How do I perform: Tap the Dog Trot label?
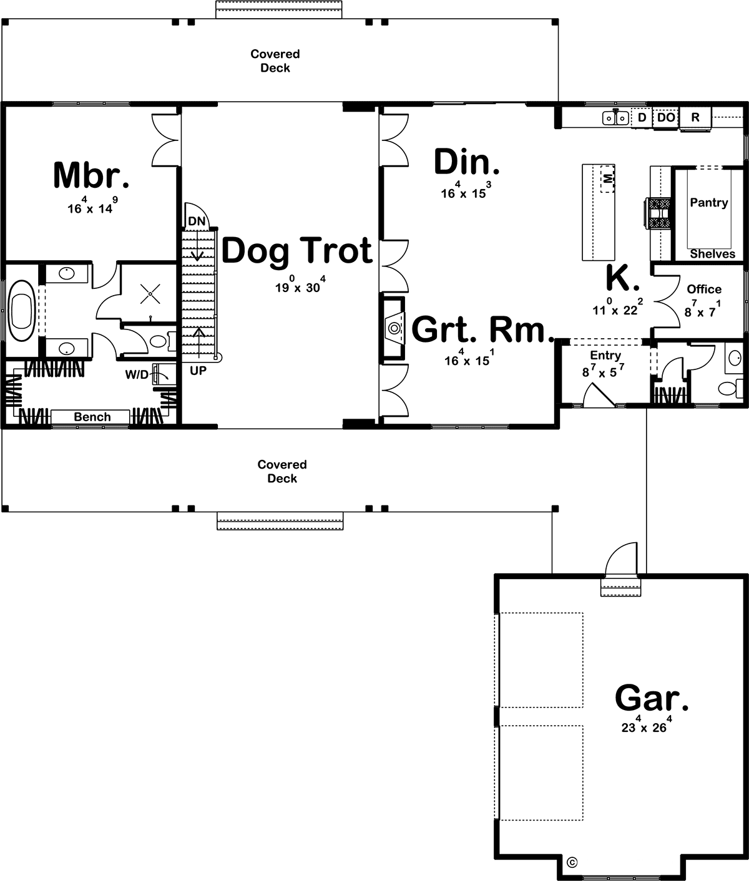[x=297, y=251]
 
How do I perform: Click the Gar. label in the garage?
[x=652, y=698]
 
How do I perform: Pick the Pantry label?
[x=708, y=203]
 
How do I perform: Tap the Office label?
[x=704, y=290]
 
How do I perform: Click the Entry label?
[x=605, y=356]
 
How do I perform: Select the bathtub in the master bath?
[x=22, y=310]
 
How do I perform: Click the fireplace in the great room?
[x=393, y=328]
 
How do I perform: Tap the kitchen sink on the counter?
[x=615, y=117]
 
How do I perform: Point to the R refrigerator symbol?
[x=695, y=117]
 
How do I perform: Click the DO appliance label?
[x=666, y=117]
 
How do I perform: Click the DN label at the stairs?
[x=196, y=221]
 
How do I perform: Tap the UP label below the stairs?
[x=198, y=371]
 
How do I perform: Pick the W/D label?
[x=136, y=375]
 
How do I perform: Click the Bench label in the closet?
[x=92, y=417]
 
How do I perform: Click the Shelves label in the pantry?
[x=712, y=254]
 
